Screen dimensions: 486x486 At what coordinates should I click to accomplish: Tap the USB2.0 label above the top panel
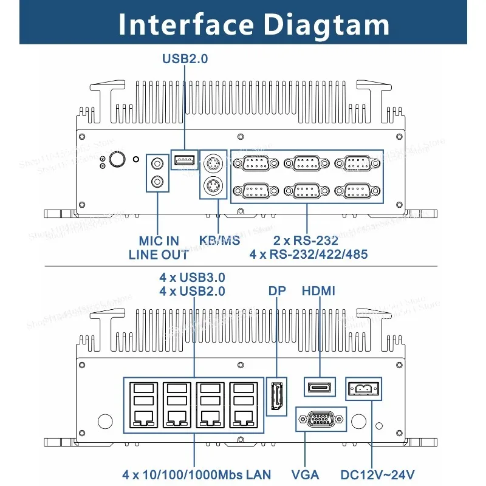point(185,59)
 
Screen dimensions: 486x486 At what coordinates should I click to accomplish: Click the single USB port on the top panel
point(185,160)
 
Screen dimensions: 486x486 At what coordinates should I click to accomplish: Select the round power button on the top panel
point(118,160)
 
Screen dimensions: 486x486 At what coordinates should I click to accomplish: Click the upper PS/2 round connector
point(212,165)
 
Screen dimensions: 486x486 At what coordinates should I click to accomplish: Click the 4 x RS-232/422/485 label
point(308,255)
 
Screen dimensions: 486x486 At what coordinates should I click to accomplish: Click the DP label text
point(277,291)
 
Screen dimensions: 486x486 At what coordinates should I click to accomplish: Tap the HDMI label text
point(318,291)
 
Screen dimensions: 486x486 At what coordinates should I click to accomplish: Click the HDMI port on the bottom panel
point(319,387)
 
